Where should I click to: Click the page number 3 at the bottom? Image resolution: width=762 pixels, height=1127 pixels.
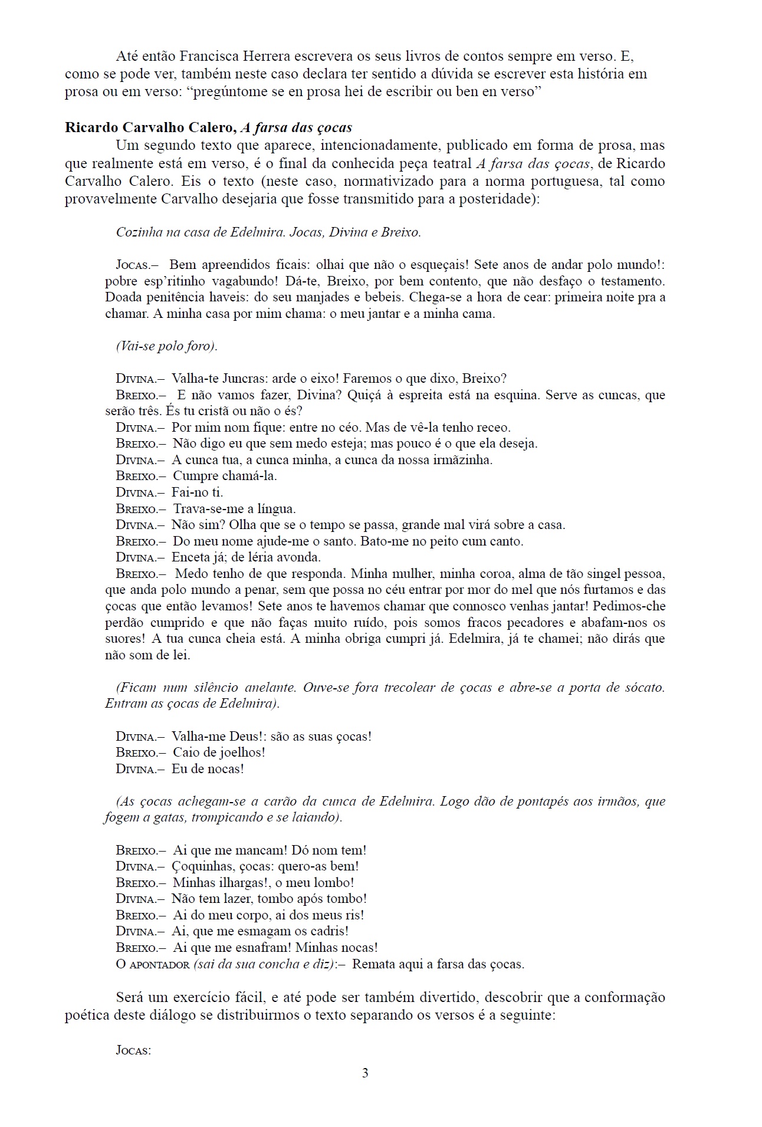(365, 1073)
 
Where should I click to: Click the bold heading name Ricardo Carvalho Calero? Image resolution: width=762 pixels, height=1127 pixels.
(150, 127)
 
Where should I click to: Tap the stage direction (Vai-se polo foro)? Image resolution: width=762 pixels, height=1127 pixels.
(167, 346)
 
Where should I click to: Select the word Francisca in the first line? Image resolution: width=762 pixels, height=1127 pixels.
(209, 57)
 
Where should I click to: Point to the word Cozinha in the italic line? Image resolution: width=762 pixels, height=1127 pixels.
(139, 232)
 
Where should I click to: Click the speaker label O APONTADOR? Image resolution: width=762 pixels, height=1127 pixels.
(153, 964)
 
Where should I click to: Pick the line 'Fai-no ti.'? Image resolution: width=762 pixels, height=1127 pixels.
(197, 492)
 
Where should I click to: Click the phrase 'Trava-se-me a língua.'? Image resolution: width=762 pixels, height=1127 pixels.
(234, 508)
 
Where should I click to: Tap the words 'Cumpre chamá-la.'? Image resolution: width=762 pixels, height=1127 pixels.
(225, 476)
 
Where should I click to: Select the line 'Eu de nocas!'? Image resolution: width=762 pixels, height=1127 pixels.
(208, 768)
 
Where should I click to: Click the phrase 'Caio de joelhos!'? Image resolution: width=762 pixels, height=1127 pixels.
(219, 753)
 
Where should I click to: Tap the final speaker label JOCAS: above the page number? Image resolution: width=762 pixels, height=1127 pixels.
(134, 1050)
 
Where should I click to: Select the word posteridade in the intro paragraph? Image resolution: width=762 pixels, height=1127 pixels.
(501, 199)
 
